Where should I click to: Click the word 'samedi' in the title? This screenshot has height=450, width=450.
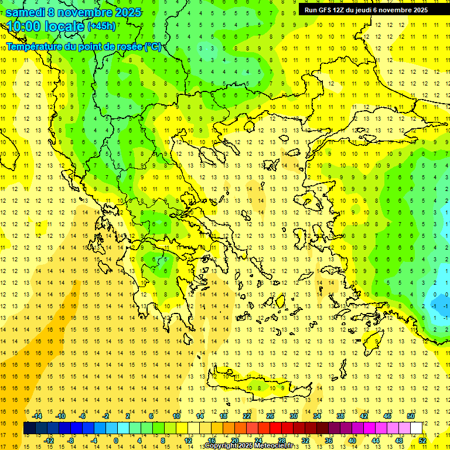(x=25, y=12)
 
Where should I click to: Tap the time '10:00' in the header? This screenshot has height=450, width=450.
(x=24, y=26)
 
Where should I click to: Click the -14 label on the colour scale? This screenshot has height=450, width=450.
(x=38, y=416)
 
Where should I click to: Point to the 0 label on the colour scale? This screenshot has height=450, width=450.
(x=115, y=440)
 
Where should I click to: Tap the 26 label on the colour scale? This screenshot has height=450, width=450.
(x=270, y=416)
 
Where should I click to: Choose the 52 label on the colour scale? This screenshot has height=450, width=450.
(x=422, y=440)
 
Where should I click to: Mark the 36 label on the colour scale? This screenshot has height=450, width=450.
(x=328, y=440)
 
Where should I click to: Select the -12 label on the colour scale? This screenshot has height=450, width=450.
(x=49, y=440)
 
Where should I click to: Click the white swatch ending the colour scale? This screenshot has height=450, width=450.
(x=416, y=428)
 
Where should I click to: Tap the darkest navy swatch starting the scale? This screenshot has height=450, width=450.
(x=29, y=428)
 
